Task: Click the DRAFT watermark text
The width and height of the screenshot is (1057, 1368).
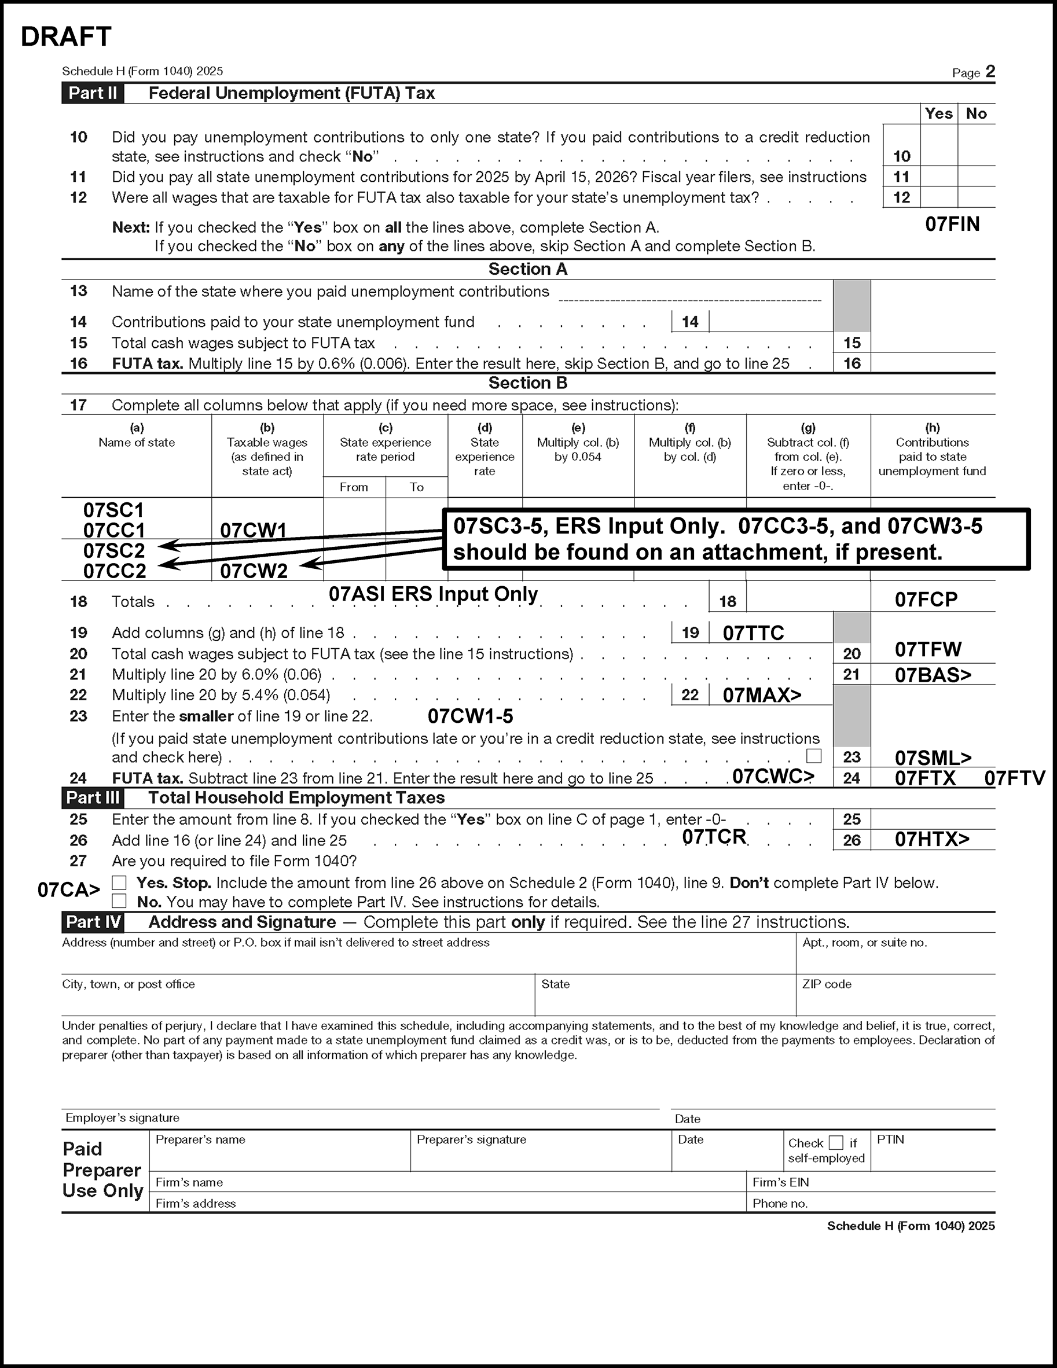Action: pyautogui.click(x=66, y=37)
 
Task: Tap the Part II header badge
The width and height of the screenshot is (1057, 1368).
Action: pyautogui.click(x=93, y=93)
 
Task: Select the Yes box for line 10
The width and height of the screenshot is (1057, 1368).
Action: pyautogui.click(x=938, y=145)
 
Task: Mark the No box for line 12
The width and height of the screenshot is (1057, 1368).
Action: pyautogui.click(x=976, y=197)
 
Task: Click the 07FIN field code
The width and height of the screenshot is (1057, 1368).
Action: pyautogui.click(x=952, y=225)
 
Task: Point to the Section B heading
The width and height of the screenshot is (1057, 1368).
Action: pyautogui.click(x=527, y=383)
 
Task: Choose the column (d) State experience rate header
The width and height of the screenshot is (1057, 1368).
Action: pyautogui.click(x=485, y=450)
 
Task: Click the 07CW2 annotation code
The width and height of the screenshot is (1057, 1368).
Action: pyautogui.click(x=254, y=571)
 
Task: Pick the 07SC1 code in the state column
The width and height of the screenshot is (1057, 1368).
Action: pyautogui.click(x=113, y=510)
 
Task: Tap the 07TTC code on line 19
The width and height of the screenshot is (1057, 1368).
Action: pyautogui.click(x=753, y=632)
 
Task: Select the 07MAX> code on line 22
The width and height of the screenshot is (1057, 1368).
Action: pyautogui.click(x=762, y=694)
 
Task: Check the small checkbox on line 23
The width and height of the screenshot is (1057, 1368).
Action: pyautogui.click(x=814, y=756)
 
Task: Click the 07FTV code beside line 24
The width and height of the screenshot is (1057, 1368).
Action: pyautogui.click(x=1014, y=778)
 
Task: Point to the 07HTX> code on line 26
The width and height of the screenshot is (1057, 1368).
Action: pyautogui.click(x=932, y=839)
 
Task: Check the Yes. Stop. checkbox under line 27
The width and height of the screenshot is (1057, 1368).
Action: pyautogui.click(x=119, y=882)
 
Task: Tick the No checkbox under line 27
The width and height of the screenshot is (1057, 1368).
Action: pyautogui.click(x=119, y=902)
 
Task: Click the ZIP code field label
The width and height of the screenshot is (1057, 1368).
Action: pyautogui.click(x=827, y=984)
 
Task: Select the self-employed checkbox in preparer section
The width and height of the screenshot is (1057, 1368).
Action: pyautogui.click(x=835, y=1142)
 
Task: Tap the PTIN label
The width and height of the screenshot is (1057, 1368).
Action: pyautogui.click(x=890, y=1139)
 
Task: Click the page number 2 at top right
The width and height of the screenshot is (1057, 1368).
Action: pyautogui.click(x=990, y=72)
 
